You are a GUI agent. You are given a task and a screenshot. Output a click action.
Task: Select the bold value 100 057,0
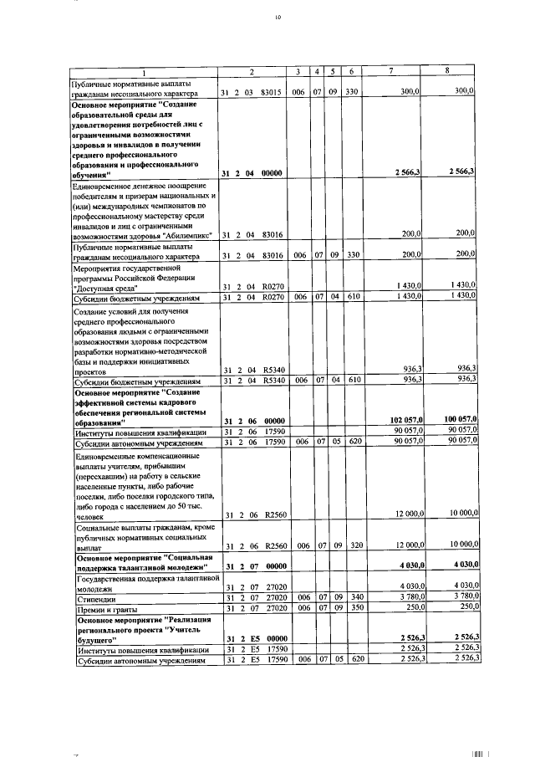459,420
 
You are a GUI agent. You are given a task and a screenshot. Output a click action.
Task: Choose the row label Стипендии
94,599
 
